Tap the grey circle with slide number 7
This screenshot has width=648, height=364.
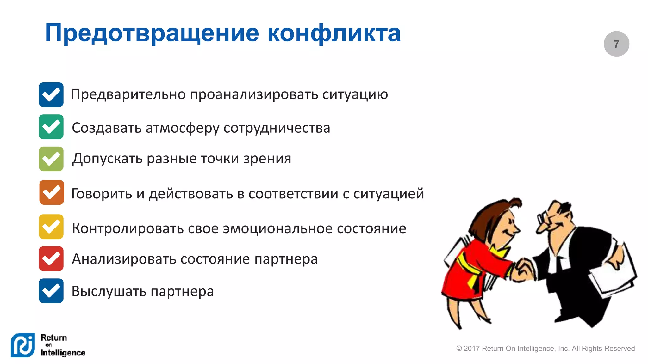616,44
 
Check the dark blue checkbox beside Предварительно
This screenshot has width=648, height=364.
51,95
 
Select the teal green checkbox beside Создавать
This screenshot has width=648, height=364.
51,127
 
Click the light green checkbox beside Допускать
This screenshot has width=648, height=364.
51,159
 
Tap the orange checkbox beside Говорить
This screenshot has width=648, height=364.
52,192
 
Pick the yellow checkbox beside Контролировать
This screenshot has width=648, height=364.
51,227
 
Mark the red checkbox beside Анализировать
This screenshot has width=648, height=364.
51,259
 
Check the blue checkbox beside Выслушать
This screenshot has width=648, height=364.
51,291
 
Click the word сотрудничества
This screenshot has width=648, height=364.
277,128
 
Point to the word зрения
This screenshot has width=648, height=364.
267,159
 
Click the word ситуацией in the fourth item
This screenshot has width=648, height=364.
389,193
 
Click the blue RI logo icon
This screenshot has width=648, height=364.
23,345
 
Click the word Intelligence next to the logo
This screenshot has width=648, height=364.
63,353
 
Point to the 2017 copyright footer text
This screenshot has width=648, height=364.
545,349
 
